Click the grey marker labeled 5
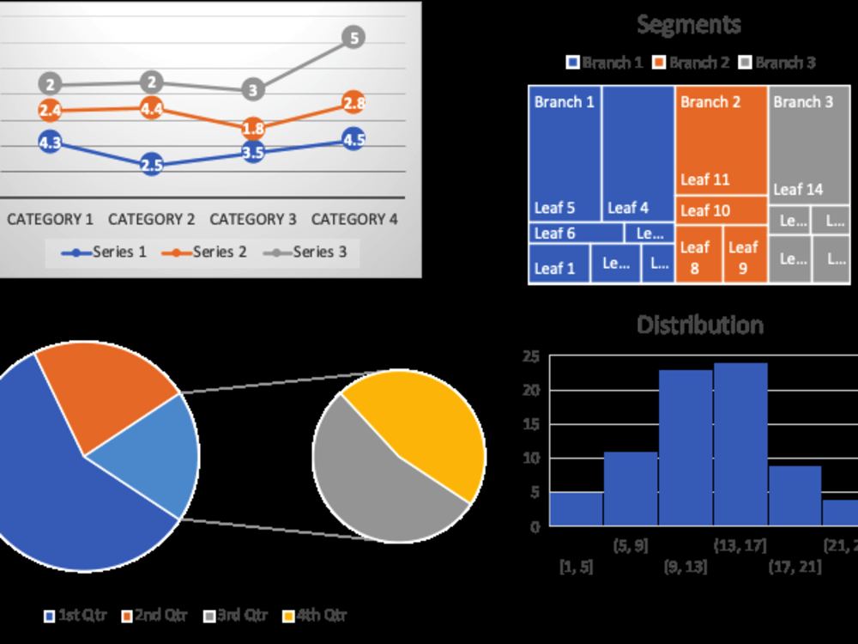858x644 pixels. pos(353,38)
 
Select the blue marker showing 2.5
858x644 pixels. pos(151,166)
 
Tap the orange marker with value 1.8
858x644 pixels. pos(252,129)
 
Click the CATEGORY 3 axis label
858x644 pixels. pos(252,219)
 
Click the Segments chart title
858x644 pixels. pos(689,25)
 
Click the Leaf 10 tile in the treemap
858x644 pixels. pos(721,210)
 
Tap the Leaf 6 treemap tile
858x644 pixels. pos(575,233)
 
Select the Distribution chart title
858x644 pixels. pos(699,325)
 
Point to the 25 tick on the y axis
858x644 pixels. pos(531,357)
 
